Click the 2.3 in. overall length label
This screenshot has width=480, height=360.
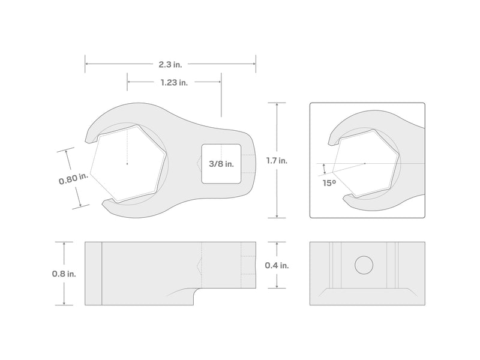170,64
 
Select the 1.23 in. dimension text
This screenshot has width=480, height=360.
174,82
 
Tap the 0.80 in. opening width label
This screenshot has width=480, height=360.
73,179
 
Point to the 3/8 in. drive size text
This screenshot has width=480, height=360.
221,164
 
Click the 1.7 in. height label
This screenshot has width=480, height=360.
277,160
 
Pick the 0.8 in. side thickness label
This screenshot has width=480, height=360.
64,274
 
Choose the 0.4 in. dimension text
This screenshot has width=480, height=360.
277,265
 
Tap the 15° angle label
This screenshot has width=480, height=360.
329,183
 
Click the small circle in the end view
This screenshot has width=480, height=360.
364,265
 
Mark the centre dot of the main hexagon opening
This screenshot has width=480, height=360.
127,164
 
